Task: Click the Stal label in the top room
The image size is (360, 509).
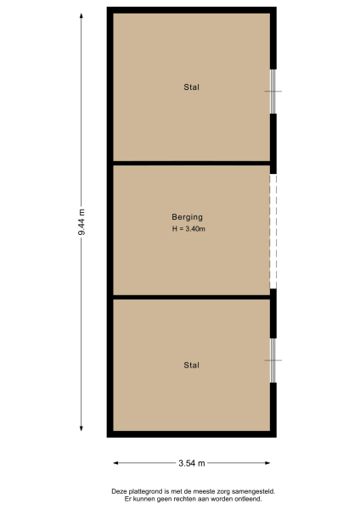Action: tap(192, 87)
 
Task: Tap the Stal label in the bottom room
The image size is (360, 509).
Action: tap(192, 366)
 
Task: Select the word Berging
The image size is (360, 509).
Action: tap(187, 217)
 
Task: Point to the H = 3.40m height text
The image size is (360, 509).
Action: tap(188, 229)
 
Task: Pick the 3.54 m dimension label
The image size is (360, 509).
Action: tap(192, 463)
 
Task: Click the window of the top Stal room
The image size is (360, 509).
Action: tap(273, 91)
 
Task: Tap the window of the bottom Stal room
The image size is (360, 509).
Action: tap(273, 360)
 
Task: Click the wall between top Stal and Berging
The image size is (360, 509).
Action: tap(191, 162)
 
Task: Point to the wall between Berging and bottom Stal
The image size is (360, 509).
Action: tap(191, 297)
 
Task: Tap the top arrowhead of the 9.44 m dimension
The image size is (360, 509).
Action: tap(82, 11)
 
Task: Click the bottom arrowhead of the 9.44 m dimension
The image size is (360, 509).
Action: tap(82, 433)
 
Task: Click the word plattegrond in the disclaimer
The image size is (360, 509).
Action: tap(149, 491)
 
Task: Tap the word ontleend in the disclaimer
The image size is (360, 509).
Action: tap(248, 498)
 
